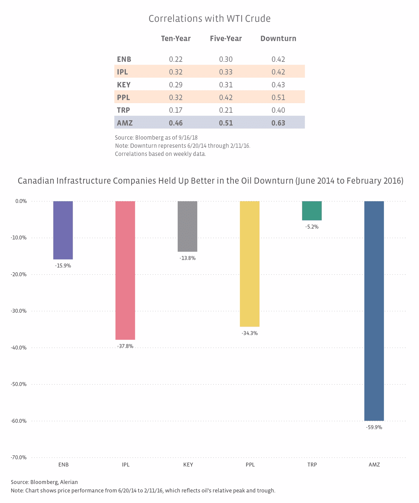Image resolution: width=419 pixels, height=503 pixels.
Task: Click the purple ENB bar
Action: coord(63,230)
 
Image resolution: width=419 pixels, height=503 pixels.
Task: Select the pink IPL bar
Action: coord(125,270)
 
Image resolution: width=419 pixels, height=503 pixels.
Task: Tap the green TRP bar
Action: coord(312,210)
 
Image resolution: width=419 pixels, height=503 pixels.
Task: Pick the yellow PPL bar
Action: coord(249,264)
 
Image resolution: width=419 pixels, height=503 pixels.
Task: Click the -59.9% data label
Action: coord(374,427)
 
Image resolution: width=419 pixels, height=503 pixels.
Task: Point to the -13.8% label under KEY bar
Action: coord(188,258)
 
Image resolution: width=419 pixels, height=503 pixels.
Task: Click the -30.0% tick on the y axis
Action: coord(19,311)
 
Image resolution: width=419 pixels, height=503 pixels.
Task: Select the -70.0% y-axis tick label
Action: coord(19,457)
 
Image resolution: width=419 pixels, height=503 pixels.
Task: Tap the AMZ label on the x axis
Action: coord(374,465)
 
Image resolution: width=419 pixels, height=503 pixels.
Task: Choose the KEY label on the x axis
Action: coord(188,465)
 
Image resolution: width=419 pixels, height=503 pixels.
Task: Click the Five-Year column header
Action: coord(226,39)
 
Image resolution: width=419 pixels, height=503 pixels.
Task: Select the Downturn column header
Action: coord(278,39)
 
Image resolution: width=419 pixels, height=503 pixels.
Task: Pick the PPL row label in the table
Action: coord(123,97)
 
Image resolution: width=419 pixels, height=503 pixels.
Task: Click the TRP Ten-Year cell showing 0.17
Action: coord(176,110)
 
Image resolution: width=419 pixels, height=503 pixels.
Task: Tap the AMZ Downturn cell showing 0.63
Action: coord(278,123)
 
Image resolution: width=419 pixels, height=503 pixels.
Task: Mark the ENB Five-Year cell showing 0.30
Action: coord(226,59)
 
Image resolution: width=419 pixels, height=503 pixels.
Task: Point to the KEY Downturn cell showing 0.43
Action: coord(278,85)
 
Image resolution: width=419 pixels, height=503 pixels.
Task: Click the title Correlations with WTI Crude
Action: coord(209,19)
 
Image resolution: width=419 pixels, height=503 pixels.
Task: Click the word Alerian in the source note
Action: coord(69,482)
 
